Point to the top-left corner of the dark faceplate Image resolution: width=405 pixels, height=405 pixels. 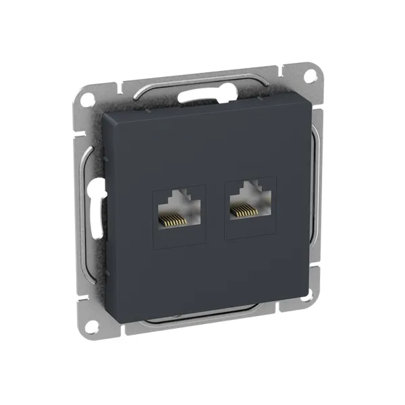pos(103,115)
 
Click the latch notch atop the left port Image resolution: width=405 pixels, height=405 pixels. pos(179,196)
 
